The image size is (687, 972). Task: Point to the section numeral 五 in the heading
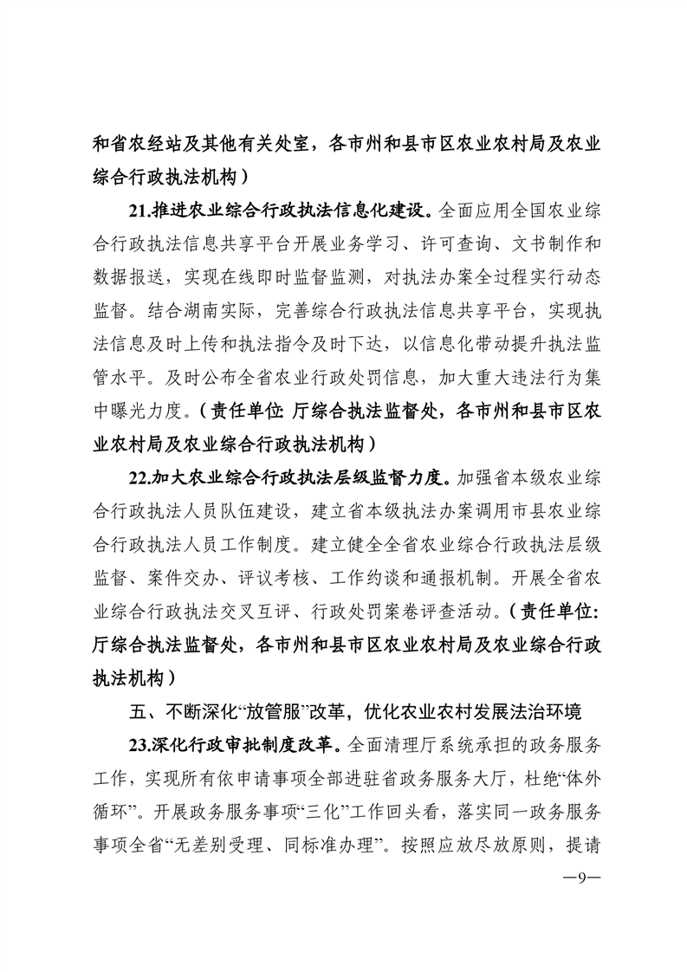pos(134,713)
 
